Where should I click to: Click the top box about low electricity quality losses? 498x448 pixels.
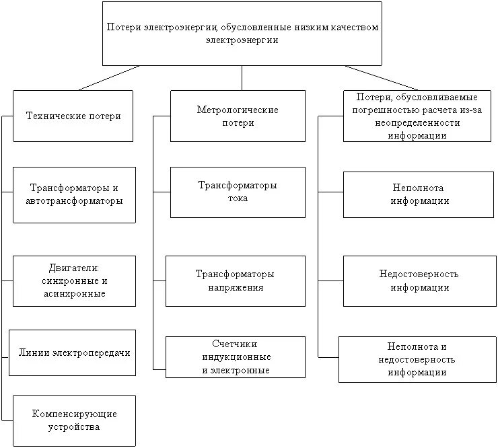[x=242, y=33]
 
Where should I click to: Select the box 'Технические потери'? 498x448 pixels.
[x=73, y=116]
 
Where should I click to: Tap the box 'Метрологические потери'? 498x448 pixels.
[x=238, y=116]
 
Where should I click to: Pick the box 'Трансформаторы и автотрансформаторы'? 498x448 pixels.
[x=74, y=194]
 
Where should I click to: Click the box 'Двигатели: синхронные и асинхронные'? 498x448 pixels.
[x=74, y=281]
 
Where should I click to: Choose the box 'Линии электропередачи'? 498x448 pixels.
[x=73, y=352]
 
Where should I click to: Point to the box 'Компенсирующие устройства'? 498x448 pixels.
[x=74, y=420]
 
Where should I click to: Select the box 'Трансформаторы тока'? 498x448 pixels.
[x=238, y=192]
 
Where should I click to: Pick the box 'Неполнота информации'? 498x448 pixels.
[x=418, y=194]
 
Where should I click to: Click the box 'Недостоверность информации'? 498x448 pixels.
[x=418, y=281]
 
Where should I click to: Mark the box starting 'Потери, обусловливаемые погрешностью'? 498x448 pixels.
[x=417, y=116]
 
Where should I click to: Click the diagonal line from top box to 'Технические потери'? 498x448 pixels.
[x=109, y=78]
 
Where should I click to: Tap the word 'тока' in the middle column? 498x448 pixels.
[x=238, y=198]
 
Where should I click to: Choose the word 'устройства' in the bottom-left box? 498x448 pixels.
[x=74, y=427]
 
